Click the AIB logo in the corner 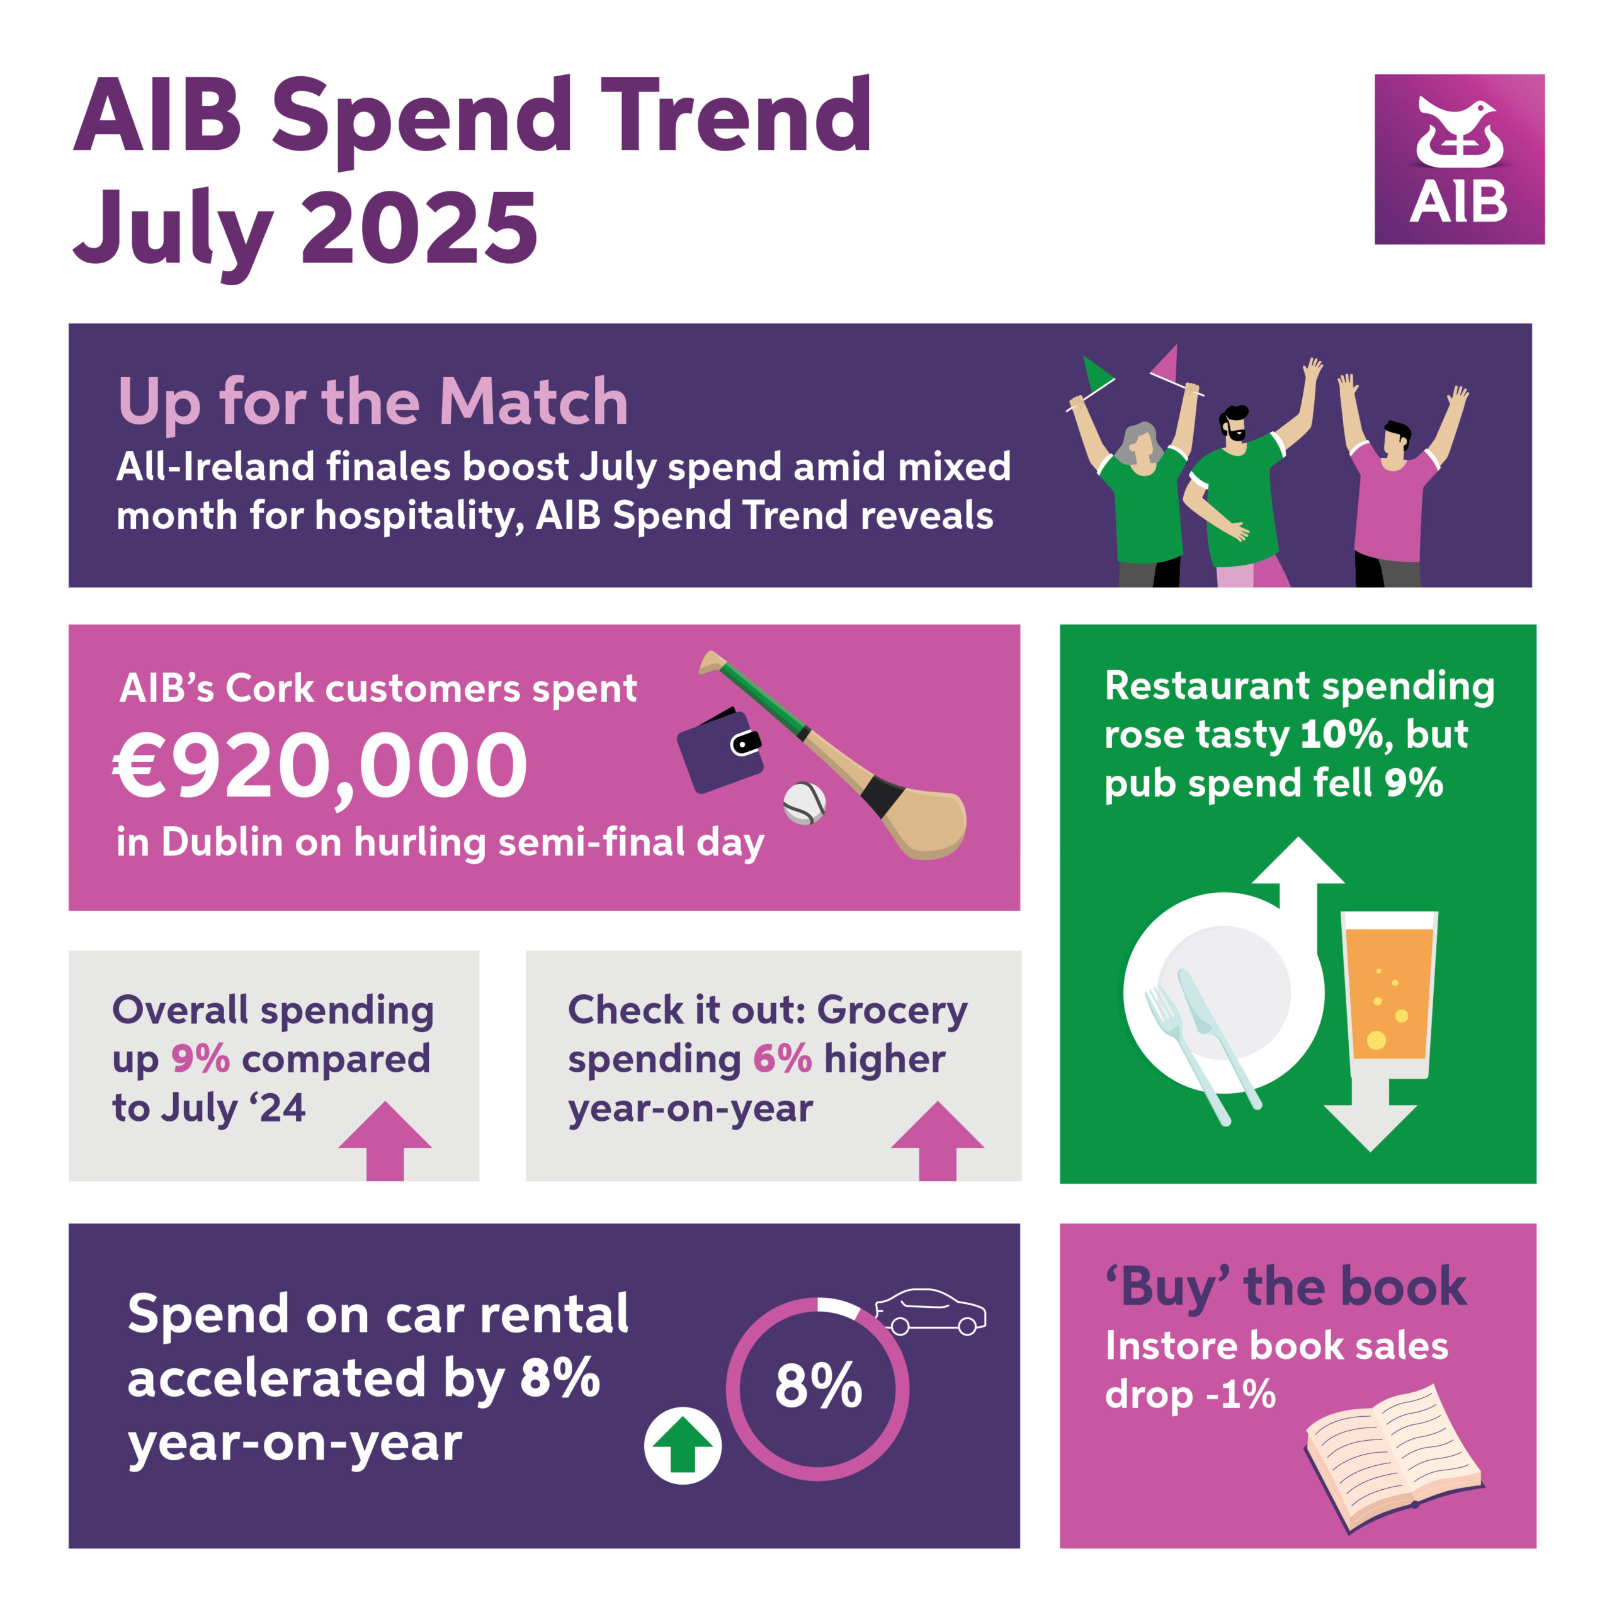1460,159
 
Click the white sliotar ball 804,803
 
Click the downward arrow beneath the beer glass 1370,1115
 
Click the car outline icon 930,1312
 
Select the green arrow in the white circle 683,1445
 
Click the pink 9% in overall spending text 200,1059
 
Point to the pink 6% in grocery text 782,1059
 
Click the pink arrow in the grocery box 938,1142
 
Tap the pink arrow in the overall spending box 385,1142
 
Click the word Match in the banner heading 533,402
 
